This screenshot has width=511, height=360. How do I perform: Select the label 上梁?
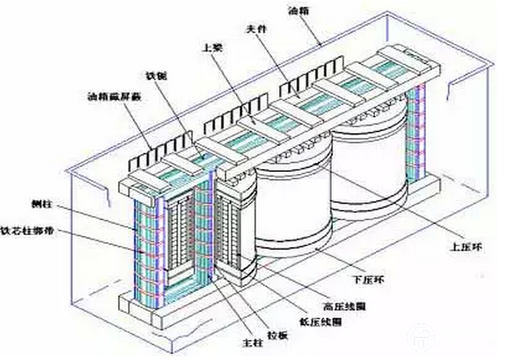210,47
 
